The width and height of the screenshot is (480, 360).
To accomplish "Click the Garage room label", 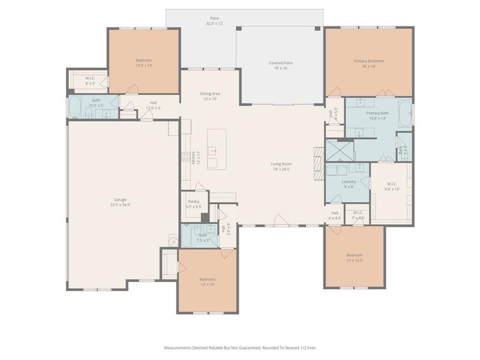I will point(120,202).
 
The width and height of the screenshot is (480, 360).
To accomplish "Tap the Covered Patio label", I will point(280,65).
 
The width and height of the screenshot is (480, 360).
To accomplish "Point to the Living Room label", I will point(280,166).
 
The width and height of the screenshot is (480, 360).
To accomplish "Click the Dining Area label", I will point(209,96).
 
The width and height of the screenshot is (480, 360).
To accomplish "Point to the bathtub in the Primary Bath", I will point(406,113).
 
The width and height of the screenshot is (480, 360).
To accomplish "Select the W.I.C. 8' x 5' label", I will point(90,80).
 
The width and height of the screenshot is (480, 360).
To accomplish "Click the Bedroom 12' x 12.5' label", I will point(353,257).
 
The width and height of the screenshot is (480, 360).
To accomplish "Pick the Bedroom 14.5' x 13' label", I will point(143,63).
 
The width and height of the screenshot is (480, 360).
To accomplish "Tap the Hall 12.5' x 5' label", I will point(154,105).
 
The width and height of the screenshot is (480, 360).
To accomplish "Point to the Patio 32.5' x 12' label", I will point(214,21).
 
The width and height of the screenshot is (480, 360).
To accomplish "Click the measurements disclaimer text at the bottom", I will point(240,347).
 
